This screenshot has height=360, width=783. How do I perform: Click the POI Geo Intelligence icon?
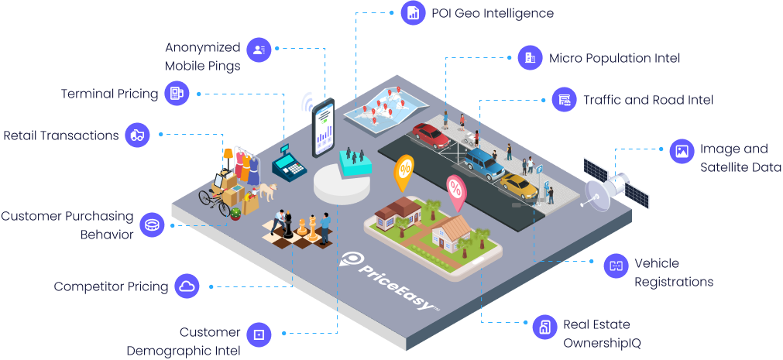click(413, 13)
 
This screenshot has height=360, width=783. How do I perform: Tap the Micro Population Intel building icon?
click(531, 58)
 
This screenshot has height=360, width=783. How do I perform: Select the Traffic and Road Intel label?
click(648, 100)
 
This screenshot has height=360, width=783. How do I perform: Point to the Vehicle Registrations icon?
click(616, 266)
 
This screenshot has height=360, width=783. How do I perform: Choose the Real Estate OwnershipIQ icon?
click(544, 327)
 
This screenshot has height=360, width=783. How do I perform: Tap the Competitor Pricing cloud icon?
click(187, 286)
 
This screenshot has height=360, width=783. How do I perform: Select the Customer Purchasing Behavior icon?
click(152, 225)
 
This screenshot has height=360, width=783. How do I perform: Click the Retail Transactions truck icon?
click(138, 135)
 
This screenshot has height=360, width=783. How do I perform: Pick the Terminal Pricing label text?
click(110, 94)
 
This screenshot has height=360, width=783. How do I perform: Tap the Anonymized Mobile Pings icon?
click(259, 50)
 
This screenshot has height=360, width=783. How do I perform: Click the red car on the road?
click(431, 135)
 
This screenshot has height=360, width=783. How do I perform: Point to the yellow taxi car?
click(519, 186)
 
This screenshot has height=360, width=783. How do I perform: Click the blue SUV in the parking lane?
click(484, 163)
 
